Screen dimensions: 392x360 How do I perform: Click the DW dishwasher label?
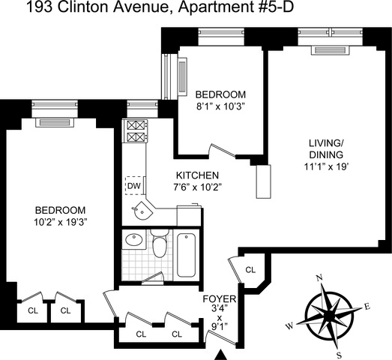tap(134, 186)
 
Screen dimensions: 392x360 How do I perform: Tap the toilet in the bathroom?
tap(160, 243)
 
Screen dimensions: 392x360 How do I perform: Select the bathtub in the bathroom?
tap(186, 255)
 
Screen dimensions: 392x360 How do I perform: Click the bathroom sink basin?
tap(134, 240)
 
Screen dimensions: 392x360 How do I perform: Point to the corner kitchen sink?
tap(142, 211)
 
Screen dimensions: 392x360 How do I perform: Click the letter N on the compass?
tap(319, 277)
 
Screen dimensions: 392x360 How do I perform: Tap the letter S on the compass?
tap(339, 355)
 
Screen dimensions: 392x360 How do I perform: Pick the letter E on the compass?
tap(367, 306)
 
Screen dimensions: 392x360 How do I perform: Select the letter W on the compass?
tap(289, 326)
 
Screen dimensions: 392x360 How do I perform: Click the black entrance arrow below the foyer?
tap(220, 355)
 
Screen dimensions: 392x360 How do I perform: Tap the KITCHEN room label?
tap(198, 175)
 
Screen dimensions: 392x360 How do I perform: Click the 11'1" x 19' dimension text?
tap(326, 166)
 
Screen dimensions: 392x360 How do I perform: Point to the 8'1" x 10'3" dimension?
tap(220, 106)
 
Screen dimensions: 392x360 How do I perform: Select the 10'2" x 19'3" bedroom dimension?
tap(60, 222)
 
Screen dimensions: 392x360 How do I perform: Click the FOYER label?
tap(220, 299)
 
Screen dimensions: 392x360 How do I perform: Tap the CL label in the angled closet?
tap(250, 270)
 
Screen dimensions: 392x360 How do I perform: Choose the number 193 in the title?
tap(39, 7)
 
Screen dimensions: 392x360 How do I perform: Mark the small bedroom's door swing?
tap(222, 151)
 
